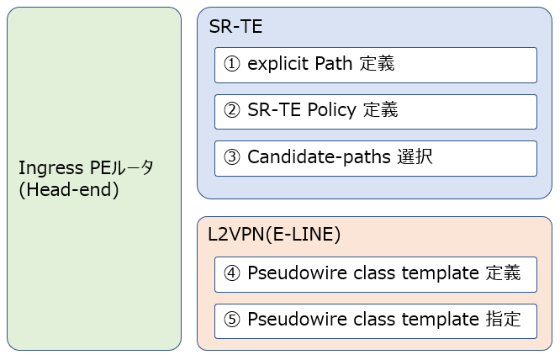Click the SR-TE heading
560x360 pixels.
point(235,27)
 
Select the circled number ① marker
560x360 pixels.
point(232,64)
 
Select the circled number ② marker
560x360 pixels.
point(232,110)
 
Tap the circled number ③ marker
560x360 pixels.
point(232,157)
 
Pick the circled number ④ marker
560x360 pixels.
point(232,273)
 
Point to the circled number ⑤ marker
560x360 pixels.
point(232,320)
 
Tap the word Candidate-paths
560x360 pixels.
point(319,157)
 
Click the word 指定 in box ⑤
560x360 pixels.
point(504,320)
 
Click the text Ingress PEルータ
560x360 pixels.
point(86,167)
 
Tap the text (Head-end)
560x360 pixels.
point(68,190)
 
